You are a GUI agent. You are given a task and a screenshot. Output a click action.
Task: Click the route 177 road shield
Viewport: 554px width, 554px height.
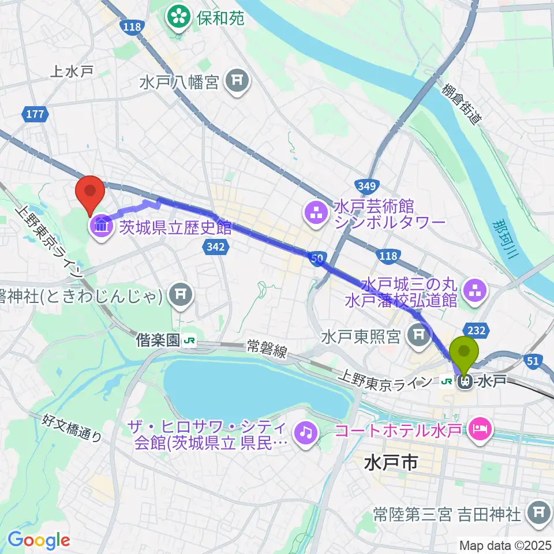35,114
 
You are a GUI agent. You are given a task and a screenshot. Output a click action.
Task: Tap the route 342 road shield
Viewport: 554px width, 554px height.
213,247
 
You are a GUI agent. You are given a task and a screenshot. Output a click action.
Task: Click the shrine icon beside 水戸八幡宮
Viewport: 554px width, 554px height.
236,83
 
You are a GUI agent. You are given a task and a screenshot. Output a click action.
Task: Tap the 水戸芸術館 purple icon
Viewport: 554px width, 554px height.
315,214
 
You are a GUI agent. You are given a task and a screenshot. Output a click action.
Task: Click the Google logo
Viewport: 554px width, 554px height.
38,540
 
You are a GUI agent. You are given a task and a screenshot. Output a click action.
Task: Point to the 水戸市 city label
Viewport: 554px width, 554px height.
391,462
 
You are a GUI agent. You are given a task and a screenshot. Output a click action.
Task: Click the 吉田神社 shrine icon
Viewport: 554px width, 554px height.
538,513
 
